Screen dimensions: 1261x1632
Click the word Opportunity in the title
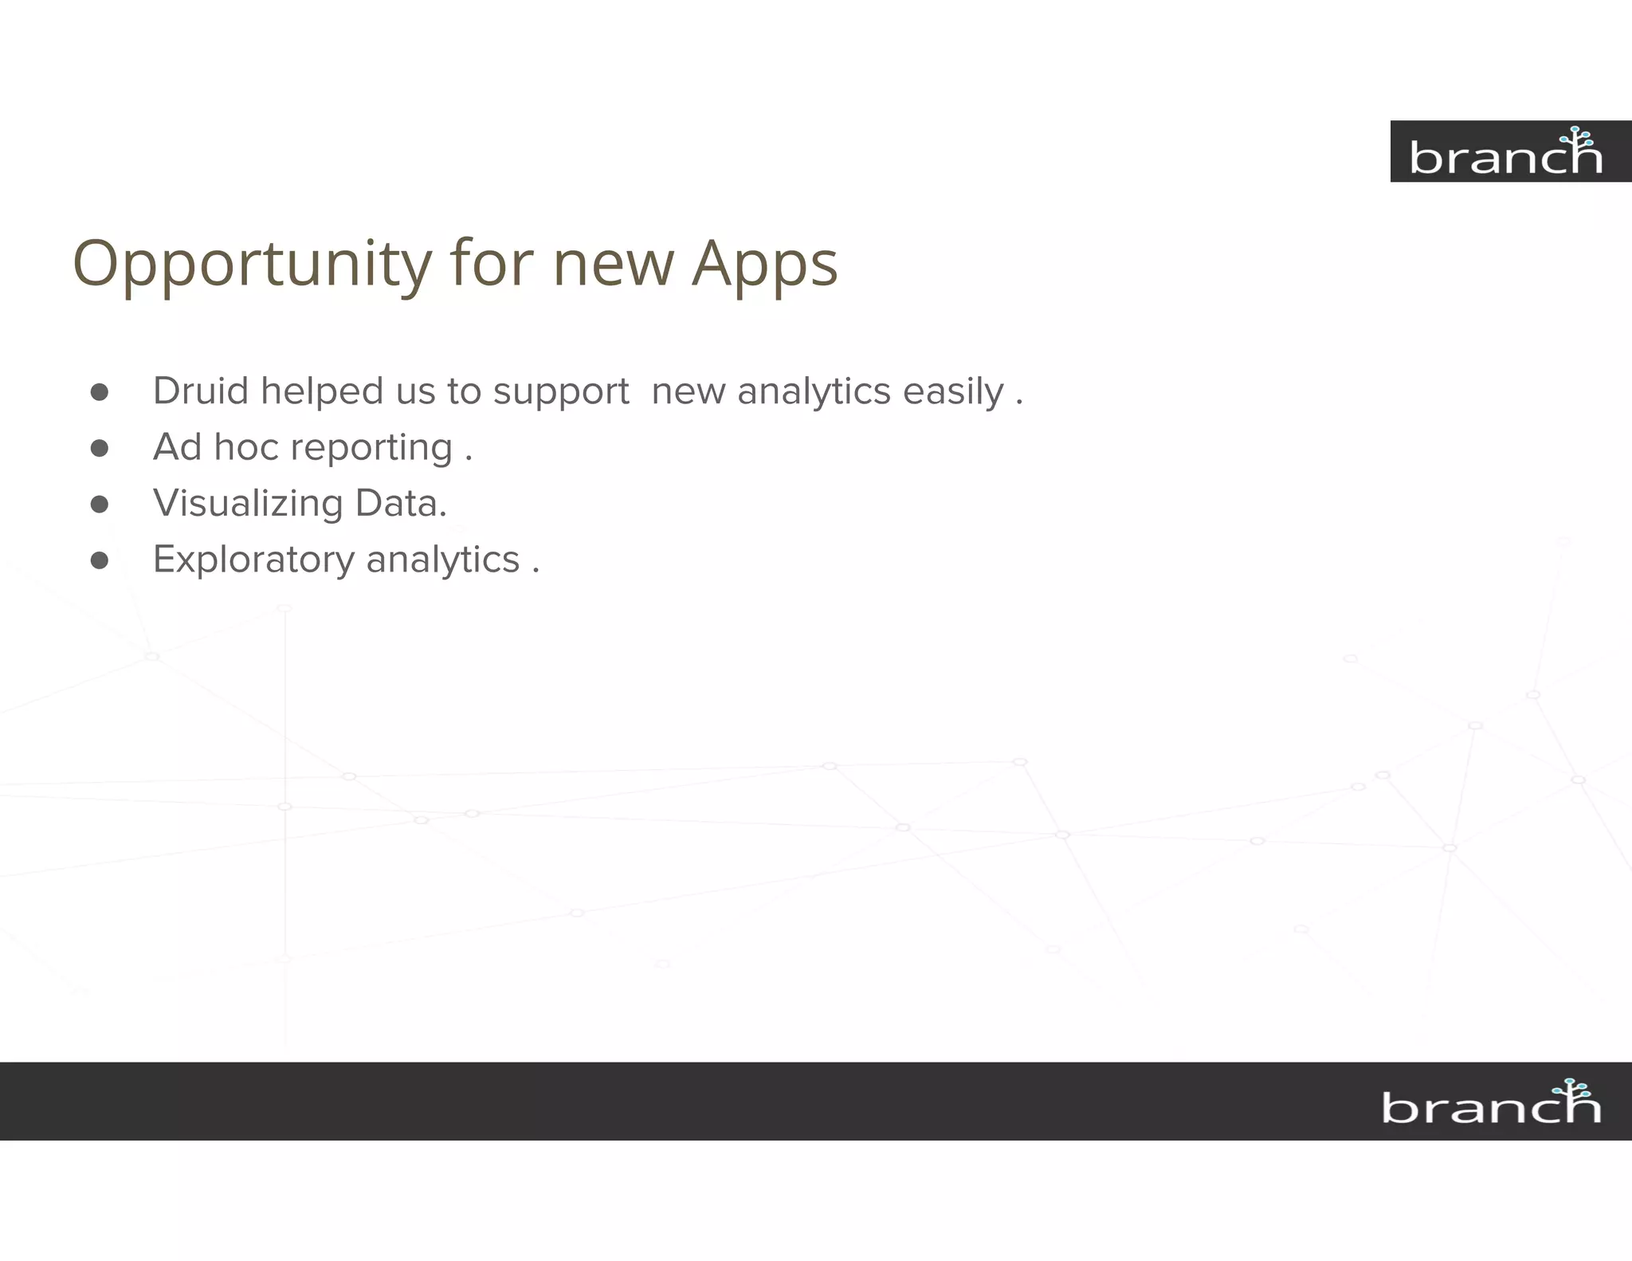coord(252,265)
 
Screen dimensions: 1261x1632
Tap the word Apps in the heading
coord(764,265)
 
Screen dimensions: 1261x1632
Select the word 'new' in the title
coord(613,265)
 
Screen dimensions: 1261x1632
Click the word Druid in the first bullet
coord(201,391)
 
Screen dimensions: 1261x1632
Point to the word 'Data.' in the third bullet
coord(401,503)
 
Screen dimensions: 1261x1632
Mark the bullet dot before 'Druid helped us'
coord(100,392)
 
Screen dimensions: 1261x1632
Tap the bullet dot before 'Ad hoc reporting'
coord(100,448)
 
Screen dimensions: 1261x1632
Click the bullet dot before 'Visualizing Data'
coord(100,505)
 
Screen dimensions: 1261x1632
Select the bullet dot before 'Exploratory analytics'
coord(100,560)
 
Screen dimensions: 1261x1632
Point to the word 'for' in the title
coord(491,265)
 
